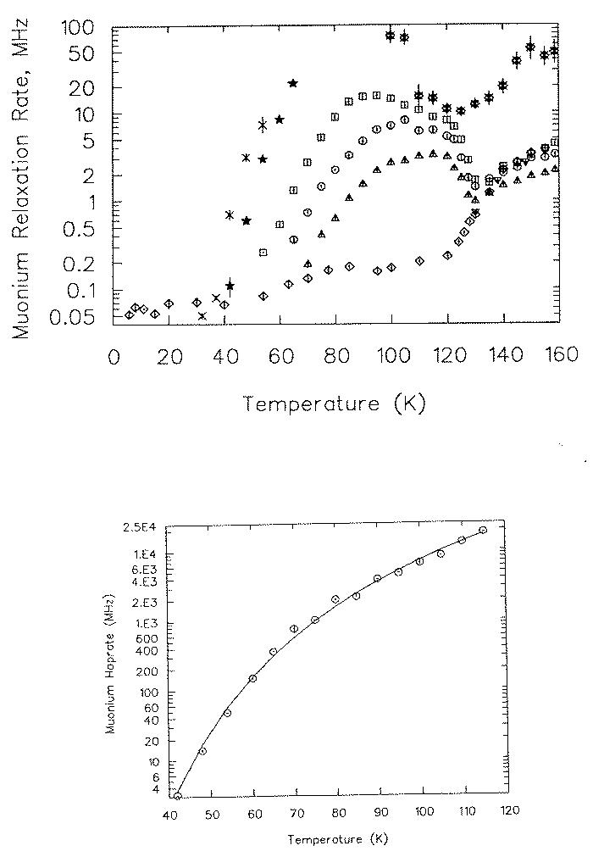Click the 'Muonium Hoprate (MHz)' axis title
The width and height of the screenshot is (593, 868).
(111, 670)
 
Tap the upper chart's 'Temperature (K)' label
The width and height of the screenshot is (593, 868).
(335, 403)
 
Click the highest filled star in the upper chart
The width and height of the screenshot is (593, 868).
(293, 83)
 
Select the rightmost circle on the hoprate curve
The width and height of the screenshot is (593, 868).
(483, 531)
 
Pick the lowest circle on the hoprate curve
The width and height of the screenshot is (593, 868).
(178, 796)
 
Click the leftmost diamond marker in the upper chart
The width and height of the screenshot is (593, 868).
(129, 314)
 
